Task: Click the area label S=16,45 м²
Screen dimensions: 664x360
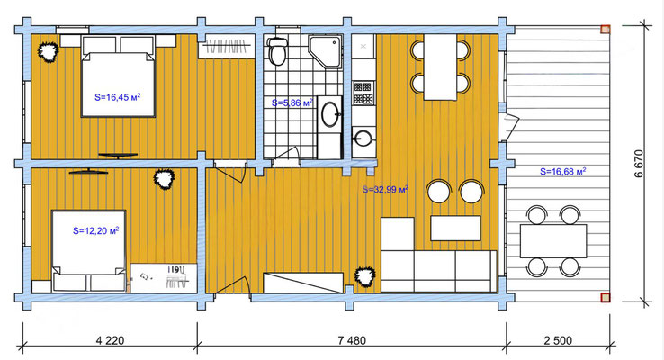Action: pos(117,97)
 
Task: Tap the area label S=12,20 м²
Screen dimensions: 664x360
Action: pos(95,230)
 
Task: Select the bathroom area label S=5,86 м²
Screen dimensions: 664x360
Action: pos(292,103)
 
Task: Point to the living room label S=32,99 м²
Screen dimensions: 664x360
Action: pos(385,189)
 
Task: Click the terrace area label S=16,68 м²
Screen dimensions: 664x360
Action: pos(563,172)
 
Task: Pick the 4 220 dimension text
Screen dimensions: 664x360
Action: pos(111,340)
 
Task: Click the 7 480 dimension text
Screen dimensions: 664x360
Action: pos(352,340)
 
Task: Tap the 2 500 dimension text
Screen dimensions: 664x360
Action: pos(558,340)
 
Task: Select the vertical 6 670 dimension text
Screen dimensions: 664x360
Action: pos(639,164)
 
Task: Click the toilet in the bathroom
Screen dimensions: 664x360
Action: pos(277,50)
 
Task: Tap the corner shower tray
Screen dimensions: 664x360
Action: pos(325,51)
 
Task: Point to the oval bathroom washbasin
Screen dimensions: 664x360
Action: pos(330,114)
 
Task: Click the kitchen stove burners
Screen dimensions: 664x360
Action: pos(363,93)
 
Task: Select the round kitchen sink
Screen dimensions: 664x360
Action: pos(363,137)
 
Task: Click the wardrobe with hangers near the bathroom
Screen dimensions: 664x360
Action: pos(227,46)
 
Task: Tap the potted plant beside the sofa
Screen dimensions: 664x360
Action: pos(364,276)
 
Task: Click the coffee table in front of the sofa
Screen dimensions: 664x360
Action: pos(455,229)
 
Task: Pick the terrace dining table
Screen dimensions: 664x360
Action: pos(553,241)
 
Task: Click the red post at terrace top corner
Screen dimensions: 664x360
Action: pos(606,29)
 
